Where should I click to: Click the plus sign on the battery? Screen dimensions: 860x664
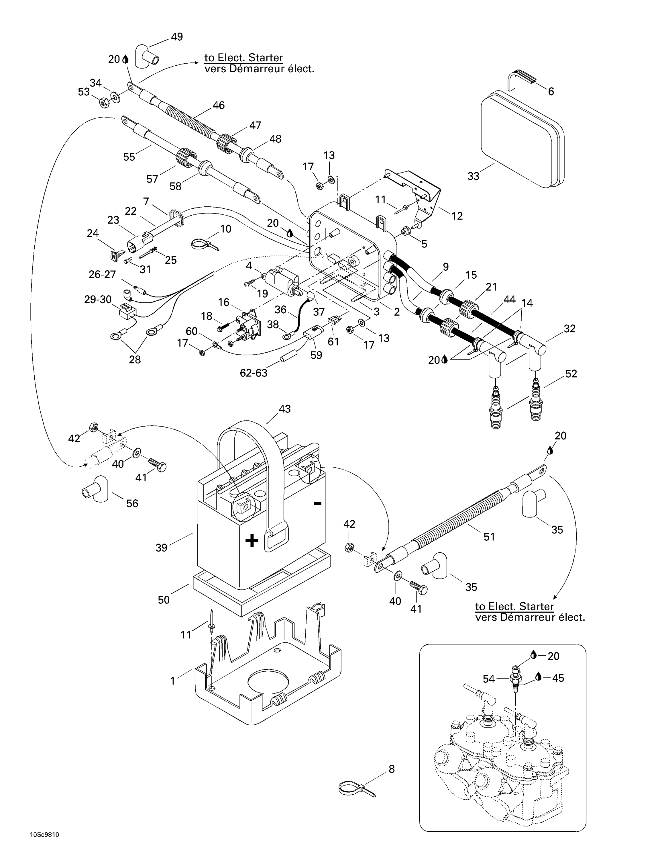click(252, 540)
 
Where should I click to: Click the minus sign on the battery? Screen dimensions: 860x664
click(318, 503)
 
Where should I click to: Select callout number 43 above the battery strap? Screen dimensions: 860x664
click(284, 409)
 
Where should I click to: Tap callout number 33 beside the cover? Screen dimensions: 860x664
click(473, 176)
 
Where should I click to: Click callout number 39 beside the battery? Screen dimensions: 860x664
click(161, 547)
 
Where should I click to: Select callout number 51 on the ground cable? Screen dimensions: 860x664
click(489, 536)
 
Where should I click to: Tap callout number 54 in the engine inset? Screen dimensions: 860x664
click(489, 679)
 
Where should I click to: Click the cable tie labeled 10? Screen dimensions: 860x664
click(201, 245)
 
